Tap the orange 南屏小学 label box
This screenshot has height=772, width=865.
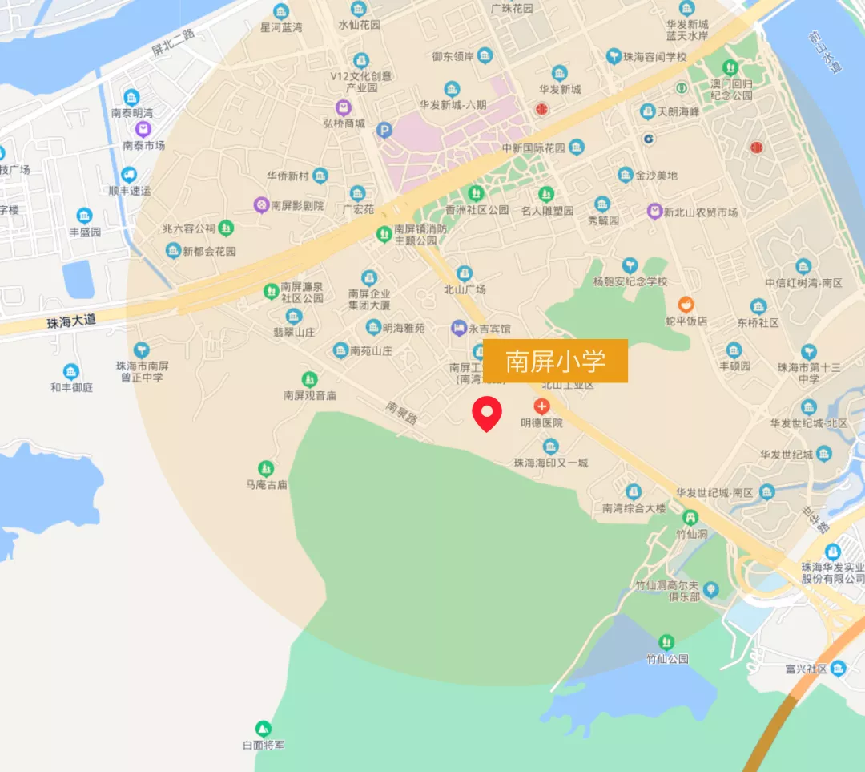(555, 361)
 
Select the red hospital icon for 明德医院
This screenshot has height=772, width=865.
(542, 406)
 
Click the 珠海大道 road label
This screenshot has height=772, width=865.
(70, 321)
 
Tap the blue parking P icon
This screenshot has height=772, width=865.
(384, 130)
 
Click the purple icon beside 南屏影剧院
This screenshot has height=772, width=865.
(261, 205)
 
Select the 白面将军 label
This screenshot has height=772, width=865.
(263, 745)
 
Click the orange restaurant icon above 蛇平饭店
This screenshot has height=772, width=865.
(686, 305)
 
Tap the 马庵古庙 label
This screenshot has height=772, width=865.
(266, 485)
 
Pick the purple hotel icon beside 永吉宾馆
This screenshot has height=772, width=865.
(458, 328)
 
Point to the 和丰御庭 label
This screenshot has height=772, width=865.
(71, 387)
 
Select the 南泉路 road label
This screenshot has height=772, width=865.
(401, 412)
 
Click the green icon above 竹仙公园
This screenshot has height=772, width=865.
(666, 642)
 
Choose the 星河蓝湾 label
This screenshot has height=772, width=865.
(281, 27)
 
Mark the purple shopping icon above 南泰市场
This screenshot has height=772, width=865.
(143, 129)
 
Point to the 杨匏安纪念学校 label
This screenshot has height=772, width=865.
(630, 281)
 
